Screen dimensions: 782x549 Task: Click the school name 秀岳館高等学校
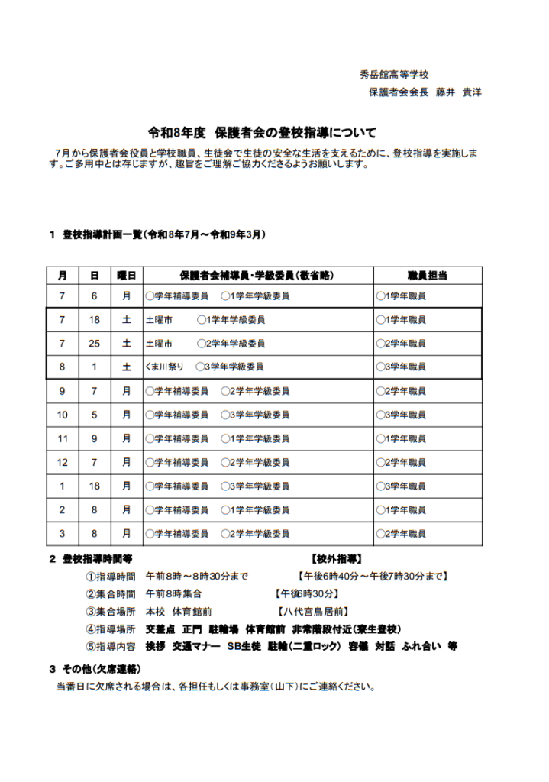point(394,75)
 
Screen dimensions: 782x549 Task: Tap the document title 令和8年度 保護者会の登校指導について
point(262,132)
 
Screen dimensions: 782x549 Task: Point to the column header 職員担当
point(428,275)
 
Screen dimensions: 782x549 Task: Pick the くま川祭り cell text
point(164,367)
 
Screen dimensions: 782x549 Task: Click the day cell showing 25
point(94,344)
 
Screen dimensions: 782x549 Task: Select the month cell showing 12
point(63,462)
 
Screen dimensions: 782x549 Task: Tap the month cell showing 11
point(63,438)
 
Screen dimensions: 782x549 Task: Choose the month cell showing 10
point(63,415)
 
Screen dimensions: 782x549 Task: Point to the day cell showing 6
point(94,296)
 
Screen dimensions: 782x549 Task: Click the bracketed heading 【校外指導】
point(337,559)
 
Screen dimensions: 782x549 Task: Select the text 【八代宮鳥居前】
point(313,611)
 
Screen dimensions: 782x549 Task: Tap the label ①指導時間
point(111,576)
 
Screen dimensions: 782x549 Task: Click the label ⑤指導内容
point(111,646)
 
